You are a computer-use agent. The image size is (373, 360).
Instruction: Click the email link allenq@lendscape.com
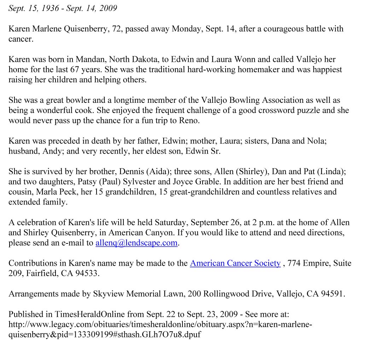pyautogui.click(x=136, y=243)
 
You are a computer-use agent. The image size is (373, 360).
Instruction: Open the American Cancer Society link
pyautogui.click(x=235, y=263)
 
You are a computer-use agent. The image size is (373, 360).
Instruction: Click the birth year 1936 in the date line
pyautogui.click(x=50, y=8)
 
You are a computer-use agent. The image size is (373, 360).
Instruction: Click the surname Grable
pyautogui.click(x=249, y=182)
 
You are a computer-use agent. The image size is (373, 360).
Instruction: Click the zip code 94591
pyautogui.click(x=332, y=294)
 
